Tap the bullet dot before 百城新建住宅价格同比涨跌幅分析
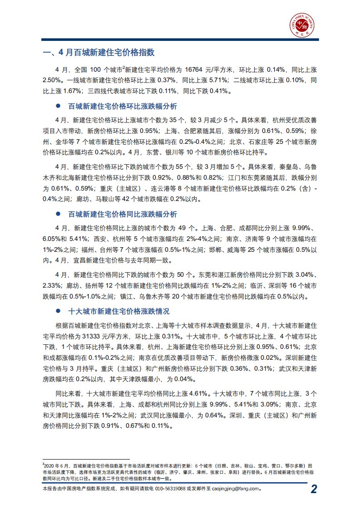pos(58,214)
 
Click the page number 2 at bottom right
pos(314,489)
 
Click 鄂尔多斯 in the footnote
pos(296,466)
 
